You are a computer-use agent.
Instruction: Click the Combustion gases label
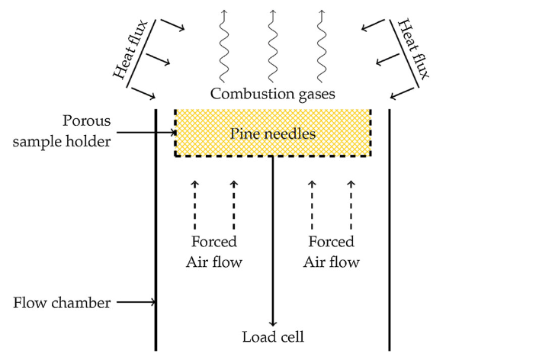[272, 94]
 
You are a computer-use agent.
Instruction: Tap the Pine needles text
[272, 134]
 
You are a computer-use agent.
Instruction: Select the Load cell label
[273, 337]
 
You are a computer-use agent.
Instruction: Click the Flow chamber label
[62, 303]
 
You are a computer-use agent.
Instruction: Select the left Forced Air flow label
[213, 252]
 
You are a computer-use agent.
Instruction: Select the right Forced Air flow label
[330, 252]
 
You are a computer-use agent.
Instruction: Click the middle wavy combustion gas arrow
[272, 46]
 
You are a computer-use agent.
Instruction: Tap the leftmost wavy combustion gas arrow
[223, 46]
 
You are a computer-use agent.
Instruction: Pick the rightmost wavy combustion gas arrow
[321, 46]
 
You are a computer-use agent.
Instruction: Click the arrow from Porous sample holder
[145, 133]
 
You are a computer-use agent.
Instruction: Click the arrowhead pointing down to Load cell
[272, 322]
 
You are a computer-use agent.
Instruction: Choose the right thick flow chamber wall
[390, 229]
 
